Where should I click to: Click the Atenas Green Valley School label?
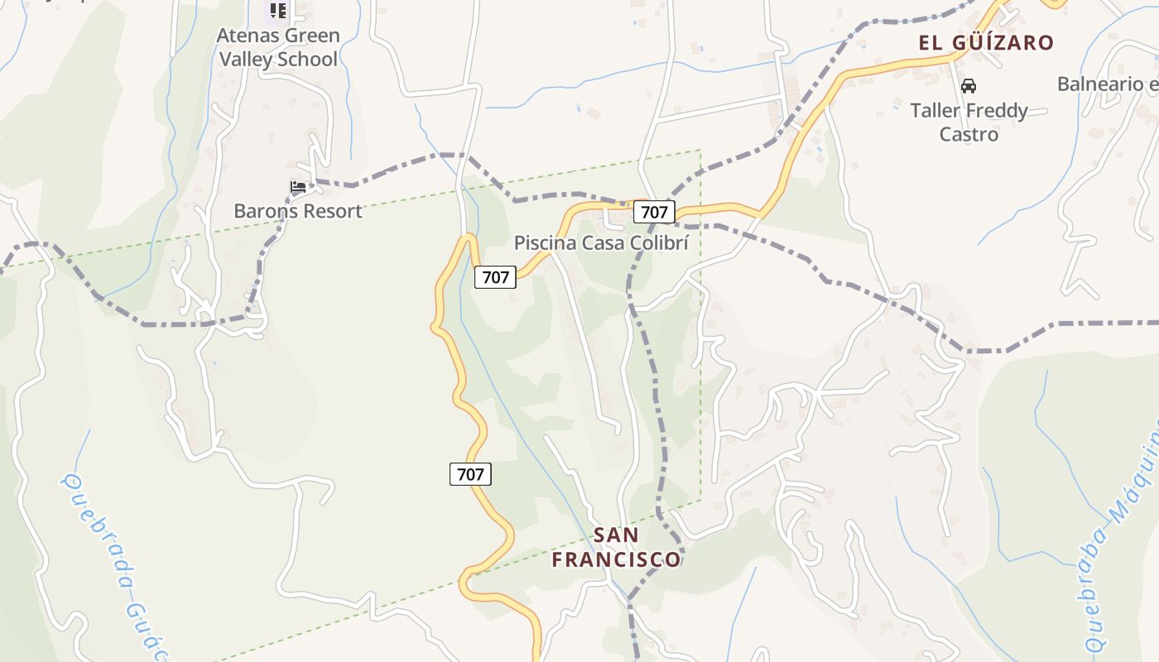[278, 47]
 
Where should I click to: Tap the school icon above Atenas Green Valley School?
[278, 11]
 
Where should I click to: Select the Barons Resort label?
[298, 210]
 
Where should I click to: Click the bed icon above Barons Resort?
[298, 187]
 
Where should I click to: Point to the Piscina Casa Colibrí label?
[601, 242]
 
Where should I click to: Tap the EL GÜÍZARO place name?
[986, 43]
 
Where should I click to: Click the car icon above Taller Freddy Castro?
[968, 86]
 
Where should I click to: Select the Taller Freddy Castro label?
[969, 122]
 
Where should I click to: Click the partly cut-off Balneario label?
[1108, 84]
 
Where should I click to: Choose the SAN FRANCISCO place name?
[617, 547]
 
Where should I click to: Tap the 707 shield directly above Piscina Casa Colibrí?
[654, 212]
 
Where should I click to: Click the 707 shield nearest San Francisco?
[470, 474]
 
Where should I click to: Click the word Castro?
[969, 134]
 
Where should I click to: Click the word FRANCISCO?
[617, 559]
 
